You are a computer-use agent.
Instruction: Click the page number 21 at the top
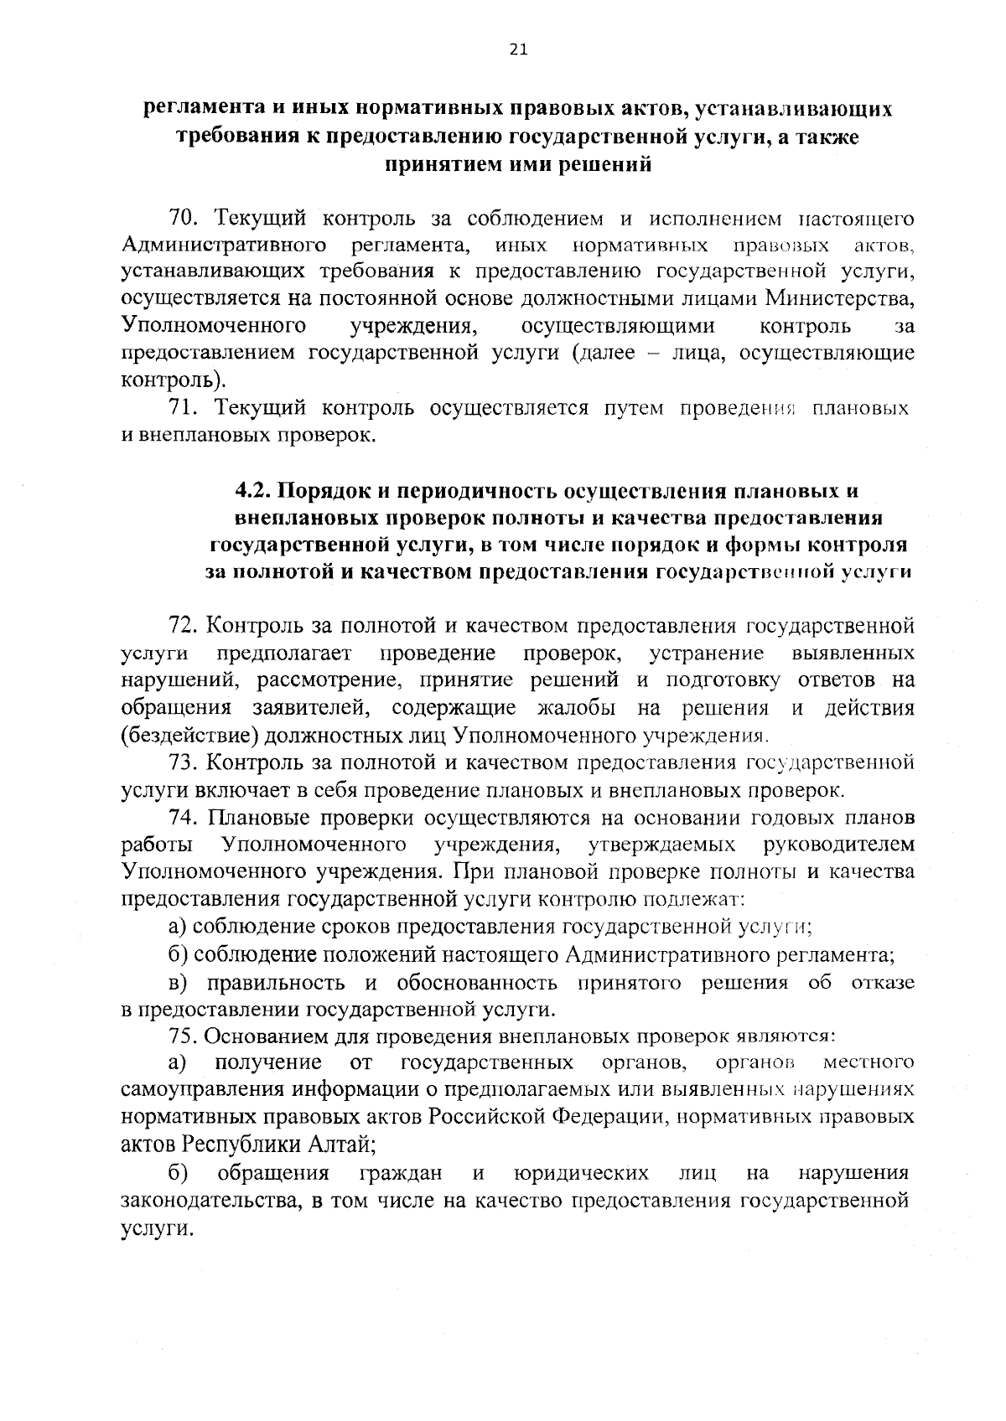click(517, 49)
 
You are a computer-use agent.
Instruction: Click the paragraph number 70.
click(184, 219)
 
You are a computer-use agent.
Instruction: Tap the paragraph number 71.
click(184, 408)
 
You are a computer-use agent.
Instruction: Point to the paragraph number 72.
click(184, 626)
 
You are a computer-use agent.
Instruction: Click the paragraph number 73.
click(184, 762)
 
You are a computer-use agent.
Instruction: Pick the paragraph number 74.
click(184, 817)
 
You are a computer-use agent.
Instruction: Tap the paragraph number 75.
click(184, 1036)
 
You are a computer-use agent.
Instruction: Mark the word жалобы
click(576, 708)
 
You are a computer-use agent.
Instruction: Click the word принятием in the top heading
click(434, 164)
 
